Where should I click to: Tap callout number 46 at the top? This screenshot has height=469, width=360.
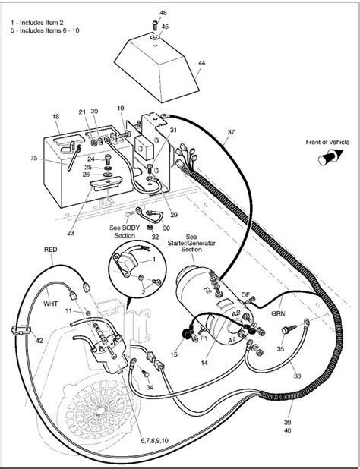pos(163,14)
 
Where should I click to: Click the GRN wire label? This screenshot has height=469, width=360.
pos(280,310)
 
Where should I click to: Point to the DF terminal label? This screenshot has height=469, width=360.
pos(245,294)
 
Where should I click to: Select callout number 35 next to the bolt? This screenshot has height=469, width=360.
pos(280,349)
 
